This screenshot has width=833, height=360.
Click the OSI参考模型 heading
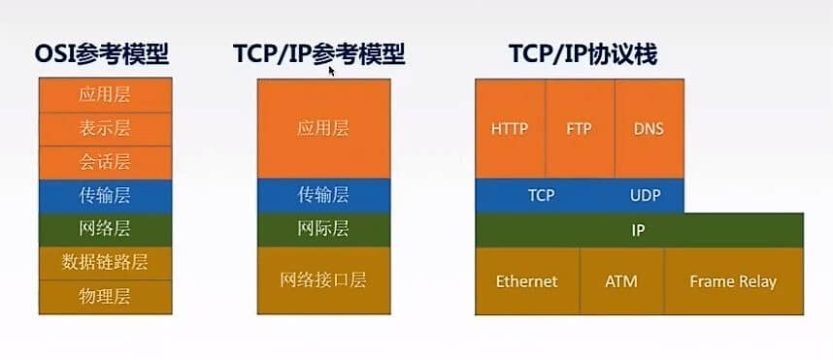click(x=102, y=54)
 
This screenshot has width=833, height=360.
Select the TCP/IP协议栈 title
click(x=583, y=54)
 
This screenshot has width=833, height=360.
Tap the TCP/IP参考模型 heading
click(x=318, y=54)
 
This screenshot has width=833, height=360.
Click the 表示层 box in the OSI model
click(x=105, y=129)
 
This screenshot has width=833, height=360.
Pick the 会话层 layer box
click(x=105, y=162)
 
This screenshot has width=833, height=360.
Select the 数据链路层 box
click(x=105, y=263)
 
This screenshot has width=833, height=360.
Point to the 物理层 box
click(x=105, y=297)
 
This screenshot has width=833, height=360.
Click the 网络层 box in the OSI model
click(x=105, y=230)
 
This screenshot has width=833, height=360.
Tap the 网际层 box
click(x=323, y=230)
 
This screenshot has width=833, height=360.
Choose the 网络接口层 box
click(x=323, y=280)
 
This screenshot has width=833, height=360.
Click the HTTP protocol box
click(x=510, y=128)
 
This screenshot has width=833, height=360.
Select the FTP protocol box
click(x=581, y=128)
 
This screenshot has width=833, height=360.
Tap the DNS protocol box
click(x=650, y=128)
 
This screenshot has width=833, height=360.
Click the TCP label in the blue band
click(x=541, y=195)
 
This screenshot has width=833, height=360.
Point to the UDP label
click(x=645, y=195)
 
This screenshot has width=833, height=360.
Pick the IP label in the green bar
click(x=638, y=230)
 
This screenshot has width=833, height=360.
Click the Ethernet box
click(x=527, y=280)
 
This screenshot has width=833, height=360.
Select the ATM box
click(x=621, y=280)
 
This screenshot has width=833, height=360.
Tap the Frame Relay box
click(x=734, y=280)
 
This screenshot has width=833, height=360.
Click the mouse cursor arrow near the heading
click(x=332, y=72)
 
